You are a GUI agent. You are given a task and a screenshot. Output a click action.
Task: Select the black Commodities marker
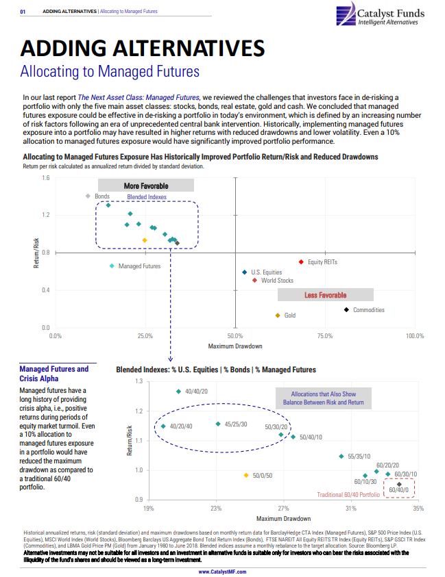point(346,310)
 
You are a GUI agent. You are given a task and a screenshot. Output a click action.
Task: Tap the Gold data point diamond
point(278,316)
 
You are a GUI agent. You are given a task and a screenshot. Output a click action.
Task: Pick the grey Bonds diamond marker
point(88,196)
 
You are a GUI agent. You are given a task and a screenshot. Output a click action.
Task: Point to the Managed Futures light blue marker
point(112,266)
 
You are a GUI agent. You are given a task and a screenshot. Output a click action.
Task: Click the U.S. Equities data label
point(267,272)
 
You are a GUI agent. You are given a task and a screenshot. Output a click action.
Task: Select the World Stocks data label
point(277,281)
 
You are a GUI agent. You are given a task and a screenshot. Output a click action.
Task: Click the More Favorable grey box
point(145,185)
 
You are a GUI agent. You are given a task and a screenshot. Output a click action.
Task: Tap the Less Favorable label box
point(325,295)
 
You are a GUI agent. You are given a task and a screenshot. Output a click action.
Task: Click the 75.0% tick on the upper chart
point(325,336)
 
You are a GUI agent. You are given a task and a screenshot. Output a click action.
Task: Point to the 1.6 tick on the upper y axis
point(45,178)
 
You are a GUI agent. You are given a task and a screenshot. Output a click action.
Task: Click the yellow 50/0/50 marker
point(245,475)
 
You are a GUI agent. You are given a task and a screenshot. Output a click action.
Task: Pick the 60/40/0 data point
point(399,485)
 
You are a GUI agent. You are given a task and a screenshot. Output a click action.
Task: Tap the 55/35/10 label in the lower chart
point(359,456)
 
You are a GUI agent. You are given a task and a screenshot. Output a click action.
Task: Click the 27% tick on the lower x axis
point(283,509)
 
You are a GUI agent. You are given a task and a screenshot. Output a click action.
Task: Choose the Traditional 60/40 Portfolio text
point(349,494)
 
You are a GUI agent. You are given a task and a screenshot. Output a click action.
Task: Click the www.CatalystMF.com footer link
point(222,572)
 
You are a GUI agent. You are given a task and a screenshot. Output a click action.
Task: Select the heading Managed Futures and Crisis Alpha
point(54,374)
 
